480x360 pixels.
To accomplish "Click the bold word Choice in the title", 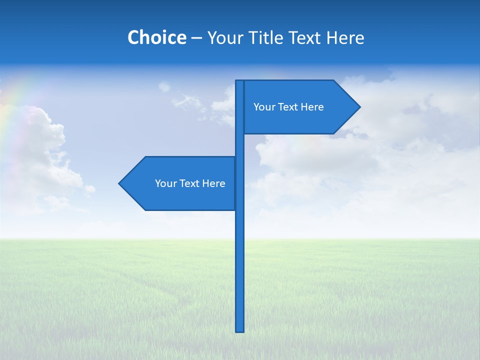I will coord(156,37).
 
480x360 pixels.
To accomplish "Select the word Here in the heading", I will coord(345,37).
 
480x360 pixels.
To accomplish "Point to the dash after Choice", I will coord(196,38).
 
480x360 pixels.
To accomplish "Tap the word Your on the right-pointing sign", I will coord(263,107).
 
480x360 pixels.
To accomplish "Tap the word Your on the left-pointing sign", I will coord(165,183).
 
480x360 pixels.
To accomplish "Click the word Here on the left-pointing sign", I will coord(213,183).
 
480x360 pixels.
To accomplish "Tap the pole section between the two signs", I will coord(240,145).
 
